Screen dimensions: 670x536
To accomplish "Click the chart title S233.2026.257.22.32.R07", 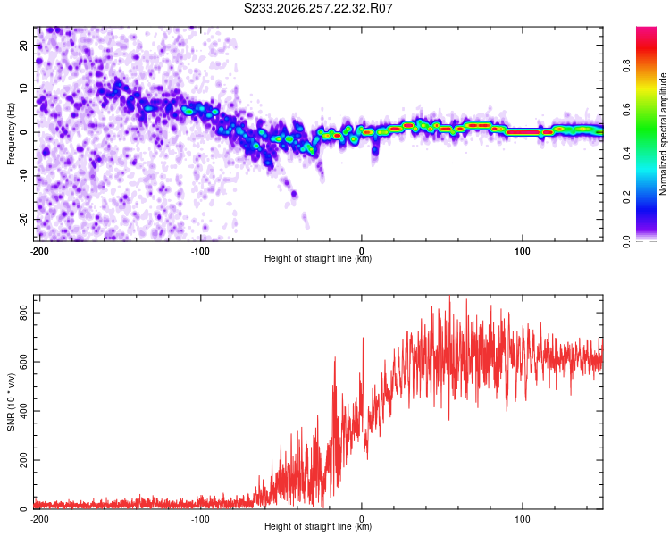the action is click(x=318, y=8).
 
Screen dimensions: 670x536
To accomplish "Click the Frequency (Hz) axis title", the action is click(x=11, y=133).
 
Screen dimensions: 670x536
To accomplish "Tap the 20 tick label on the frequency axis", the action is click(x=23, y=45).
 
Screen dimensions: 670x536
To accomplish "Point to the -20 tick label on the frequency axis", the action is click(x=23, y=219).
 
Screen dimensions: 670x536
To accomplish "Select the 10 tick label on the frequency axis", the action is click(x=23, y=88).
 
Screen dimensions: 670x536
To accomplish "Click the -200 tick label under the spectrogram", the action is click(x=39, y=251).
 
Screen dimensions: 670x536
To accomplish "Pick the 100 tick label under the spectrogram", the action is click(x=523, y=251).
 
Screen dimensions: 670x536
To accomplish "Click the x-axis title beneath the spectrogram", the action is click(x=318, y=258).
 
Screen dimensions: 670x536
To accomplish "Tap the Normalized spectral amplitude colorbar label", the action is click(x=663, y=134).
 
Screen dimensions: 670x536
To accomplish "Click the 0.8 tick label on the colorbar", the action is click(x=626, y=66).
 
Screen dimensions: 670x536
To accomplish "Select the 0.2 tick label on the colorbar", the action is click(x=626, y=197).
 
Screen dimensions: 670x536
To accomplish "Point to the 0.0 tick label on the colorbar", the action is click(x=626, y=241).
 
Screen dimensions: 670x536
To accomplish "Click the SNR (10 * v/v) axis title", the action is click(x=11, y=402).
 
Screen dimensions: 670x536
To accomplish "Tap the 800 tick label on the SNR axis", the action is click(x=23, y=313).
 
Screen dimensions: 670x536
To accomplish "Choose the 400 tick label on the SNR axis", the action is click(x=23, y=411).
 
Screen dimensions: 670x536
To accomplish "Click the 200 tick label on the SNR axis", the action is click(x=23, y=460).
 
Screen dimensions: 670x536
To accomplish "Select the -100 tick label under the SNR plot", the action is click(x=200, y=519).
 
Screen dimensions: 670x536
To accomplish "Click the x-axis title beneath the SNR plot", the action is click(x=318, y=526).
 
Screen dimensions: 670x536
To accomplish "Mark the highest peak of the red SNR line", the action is click(x=449, y=297).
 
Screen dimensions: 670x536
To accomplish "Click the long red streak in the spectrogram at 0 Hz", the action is click(x=523, y=132).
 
